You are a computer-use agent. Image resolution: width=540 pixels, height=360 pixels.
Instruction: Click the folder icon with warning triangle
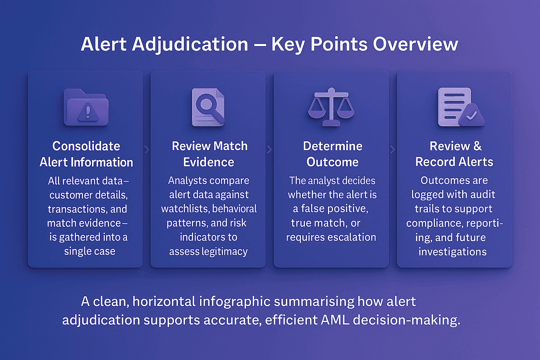click(x=86, y=108)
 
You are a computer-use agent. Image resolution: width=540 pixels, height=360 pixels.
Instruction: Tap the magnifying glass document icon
click(x=208, y=107)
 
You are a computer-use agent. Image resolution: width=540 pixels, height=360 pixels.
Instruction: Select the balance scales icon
click(x=331, y=107)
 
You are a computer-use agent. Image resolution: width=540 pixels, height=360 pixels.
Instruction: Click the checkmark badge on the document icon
click(x=471, y=115)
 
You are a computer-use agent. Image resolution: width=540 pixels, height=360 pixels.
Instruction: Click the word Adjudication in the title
click(x=190, y=45)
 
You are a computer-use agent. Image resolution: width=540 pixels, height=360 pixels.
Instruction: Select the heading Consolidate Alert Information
click(x=86, y=154)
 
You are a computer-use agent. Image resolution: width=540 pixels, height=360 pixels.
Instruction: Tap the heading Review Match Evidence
click(x=209, y=154)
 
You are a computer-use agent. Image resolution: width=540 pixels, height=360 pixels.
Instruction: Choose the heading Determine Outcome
click(x=333, y=154)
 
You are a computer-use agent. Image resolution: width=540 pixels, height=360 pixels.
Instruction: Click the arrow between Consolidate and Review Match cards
click(x=147, y=150)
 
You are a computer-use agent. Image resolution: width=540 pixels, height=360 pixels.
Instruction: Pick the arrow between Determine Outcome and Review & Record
click(x=393, y=150)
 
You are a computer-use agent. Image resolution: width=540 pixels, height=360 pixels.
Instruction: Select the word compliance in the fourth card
click(x=429, y=224)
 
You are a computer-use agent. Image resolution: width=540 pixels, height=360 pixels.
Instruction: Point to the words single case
click(x=90, y=251)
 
